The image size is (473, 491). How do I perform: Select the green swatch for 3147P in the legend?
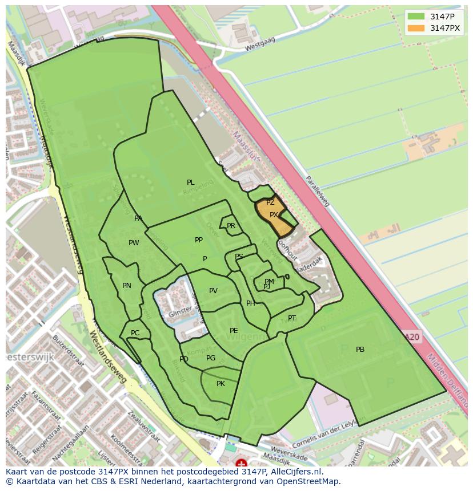tap(416, 17)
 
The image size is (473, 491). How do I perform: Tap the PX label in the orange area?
tap(274, 215)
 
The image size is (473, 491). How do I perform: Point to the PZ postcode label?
tap(270, 202)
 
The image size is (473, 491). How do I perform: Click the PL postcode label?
tap(190, 182)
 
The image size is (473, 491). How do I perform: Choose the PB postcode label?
tap(360, 350)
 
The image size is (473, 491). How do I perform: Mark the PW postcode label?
tap(134, 243)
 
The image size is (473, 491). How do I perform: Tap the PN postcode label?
tap(127, 286)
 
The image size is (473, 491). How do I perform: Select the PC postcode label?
tap(135, 333)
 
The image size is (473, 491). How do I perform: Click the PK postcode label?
tap(221, 384)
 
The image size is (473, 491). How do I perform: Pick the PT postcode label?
tap(292, 318)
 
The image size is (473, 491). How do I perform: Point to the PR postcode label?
tap(231, 226)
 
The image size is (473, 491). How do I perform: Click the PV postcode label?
tap(213, 291)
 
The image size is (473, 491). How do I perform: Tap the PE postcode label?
tap(234, 331)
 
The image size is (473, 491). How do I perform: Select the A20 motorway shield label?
tap(412, 337)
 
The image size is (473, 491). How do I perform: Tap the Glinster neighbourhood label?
tap(180, 314)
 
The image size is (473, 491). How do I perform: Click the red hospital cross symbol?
tap(241, 464)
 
